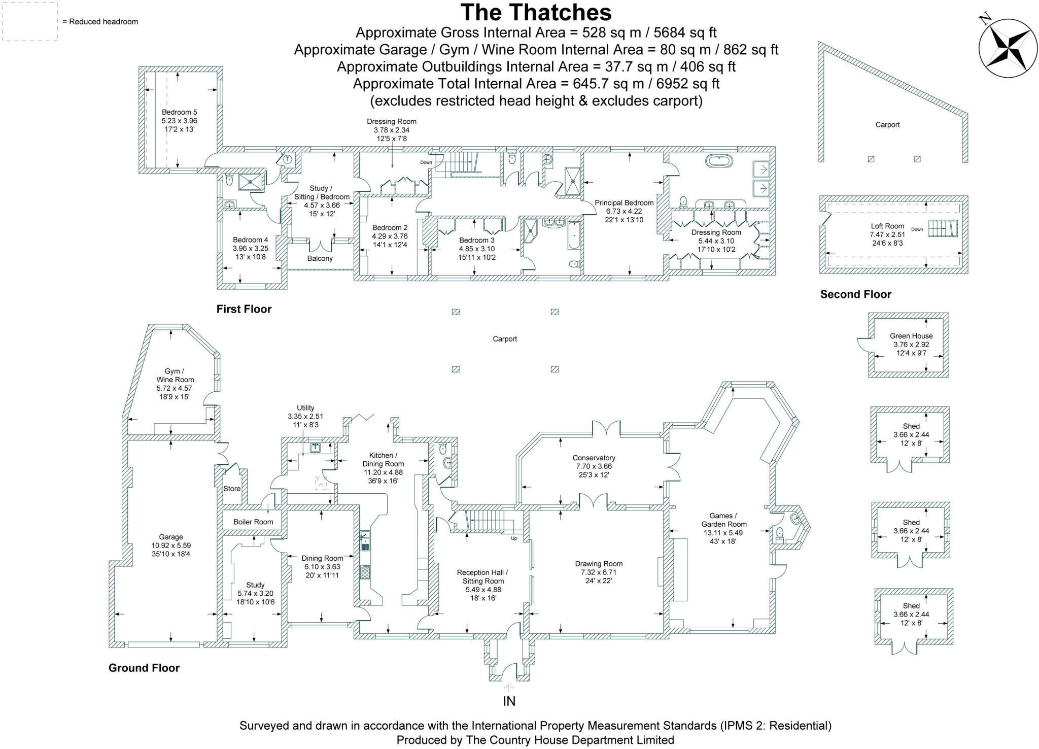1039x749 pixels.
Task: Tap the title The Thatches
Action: point(536,12)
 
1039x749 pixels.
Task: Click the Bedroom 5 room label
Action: point(179,112)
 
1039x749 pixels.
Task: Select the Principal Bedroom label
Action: point(624,202)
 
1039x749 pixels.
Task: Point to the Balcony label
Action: point(320,258)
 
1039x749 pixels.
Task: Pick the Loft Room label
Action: point(887,226)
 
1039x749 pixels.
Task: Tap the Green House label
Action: point(911,336)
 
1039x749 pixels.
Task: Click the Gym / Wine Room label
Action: point(175,376)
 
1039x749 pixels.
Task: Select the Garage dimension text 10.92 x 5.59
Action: point(171,546)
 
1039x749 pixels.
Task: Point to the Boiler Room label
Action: point(253,522)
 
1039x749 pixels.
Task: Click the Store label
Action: point(232,489)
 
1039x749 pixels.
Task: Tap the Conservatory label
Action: point(594,458)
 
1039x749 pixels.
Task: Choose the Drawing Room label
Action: point(599,563)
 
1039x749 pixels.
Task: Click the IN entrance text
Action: point(509,701)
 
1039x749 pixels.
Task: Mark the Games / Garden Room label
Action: point(723,520)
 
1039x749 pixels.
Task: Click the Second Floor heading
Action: point(855,294)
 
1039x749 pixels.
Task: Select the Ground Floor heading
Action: point(144,668)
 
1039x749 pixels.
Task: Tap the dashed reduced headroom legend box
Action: point(29,21)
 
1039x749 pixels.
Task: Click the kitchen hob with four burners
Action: point(365,572)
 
